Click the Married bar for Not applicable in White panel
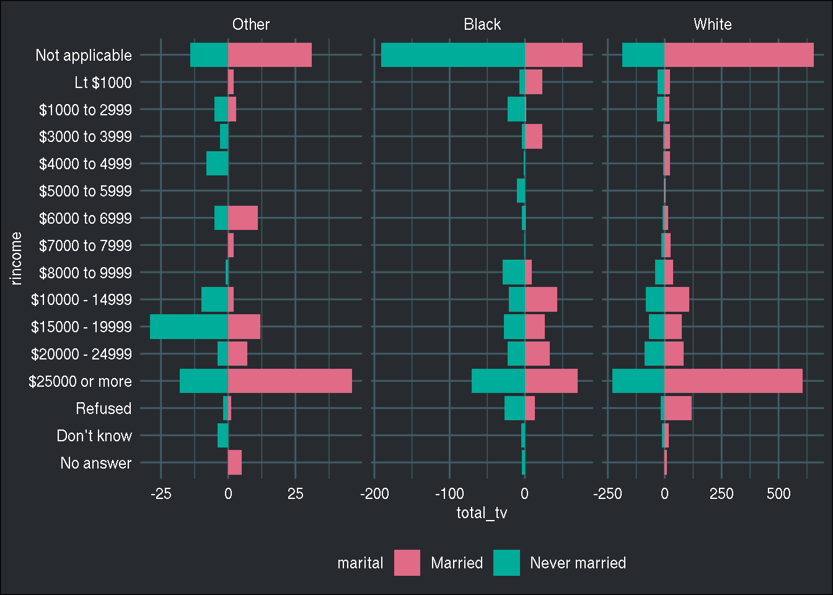coord(739,55)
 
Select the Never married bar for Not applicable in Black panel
coord(452,55)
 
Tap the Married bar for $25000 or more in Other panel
coord(289,381)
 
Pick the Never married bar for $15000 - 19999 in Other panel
coord(189,327)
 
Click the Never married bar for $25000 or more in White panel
coord(638,381)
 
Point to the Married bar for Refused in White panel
coord(677,408)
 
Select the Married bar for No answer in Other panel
coord(235,462)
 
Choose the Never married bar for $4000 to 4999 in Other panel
coord(217,164)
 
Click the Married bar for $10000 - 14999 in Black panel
coord(540,299)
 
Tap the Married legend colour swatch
coord(407,563)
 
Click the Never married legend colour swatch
coord(506,563)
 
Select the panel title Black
coord(482,24)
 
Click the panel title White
coord(712,24)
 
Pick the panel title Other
coord(250,24)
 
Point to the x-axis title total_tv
coord(482,513)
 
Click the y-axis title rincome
coord(15,258)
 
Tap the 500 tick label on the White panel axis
coord(778,493)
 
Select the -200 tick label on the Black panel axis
coord(374,493)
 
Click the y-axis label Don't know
coord(94,436)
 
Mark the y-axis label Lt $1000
coord(103,82)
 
